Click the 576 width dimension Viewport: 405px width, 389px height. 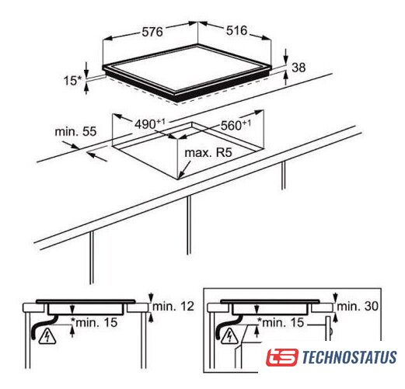tap(152, 32)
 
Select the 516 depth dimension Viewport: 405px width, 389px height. tap(237, 30)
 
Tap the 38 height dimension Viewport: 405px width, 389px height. tap(299, 68)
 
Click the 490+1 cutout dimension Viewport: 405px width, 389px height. tap(150, 123)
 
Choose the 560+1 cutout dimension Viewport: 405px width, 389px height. tap(236, 125)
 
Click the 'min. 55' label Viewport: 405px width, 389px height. tap(75, 131)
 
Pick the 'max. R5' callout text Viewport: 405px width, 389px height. tap(208, 152)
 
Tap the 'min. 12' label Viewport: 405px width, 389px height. tap(173, 306)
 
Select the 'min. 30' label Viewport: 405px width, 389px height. tap(358, 306)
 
